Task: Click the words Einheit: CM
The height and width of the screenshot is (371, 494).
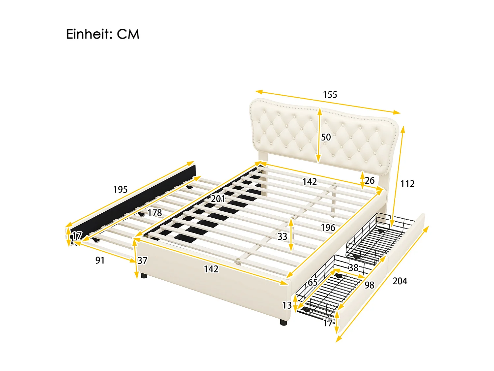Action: [x=102, y=34]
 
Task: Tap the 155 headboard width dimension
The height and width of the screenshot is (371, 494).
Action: [x=330, y=95]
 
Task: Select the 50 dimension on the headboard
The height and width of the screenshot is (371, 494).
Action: [x=326, y=137]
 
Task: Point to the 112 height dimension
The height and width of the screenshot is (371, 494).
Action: [x=407, y=184]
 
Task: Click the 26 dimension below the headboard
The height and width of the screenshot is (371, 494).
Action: [x=370, y=181]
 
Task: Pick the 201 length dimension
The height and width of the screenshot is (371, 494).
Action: [x=218, y=199]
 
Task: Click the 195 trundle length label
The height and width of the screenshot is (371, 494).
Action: [x=120, y=190]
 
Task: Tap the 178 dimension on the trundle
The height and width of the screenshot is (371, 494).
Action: [x=154, y=213]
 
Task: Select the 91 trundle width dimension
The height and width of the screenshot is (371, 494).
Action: [x=100, y=261]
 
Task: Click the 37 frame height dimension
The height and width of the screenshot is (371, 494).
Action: [x=142, y=261]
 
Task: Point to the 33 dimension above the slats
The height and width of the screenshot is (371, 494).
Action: [x=282, y=236]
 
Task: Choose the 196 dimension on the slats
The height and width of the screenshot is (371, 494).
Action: [x=328, y=228]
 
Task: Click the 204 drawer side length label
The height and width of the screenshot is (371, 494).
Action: [x=400, y=281]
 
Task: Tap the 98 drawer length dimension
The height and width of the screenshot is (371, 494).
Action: [x=369, y=285]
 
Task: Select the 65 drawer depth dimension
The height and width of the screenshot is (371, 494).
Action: [x=313, y=283]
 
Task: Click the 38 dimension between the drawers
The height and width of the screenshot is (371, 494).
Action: [x=353, y=267]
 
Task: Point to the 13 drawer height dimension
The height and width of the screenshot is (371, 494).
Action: [x=287, y=305]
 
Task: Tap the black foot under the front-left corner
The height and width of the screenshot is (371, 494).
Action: [x=144, y=275]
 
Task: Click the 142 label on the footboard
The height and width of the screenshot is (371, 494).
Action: [x=211, y=269]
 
